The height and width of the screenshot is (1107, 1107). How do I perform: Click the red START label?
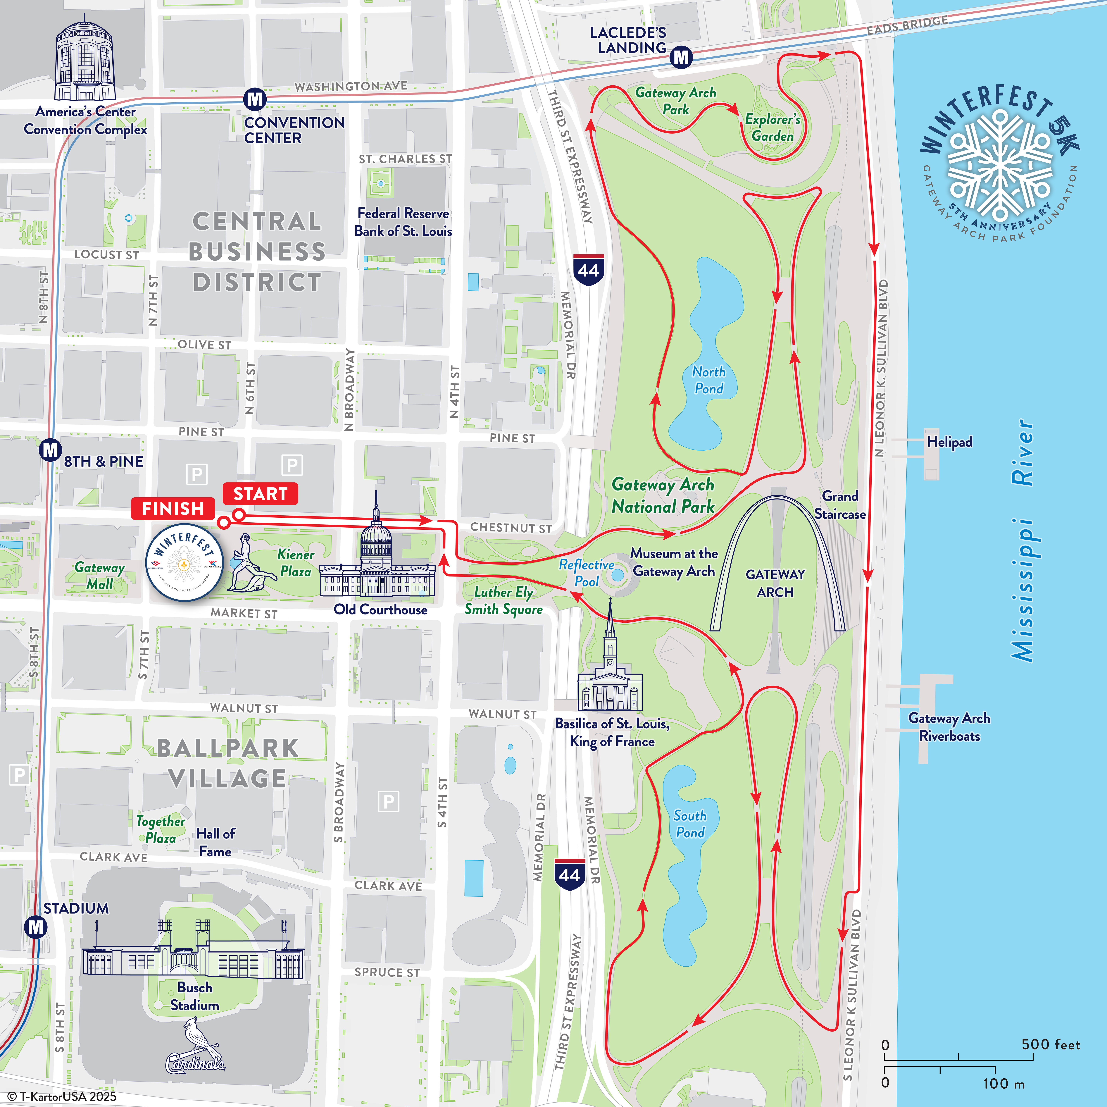tap(260, 493)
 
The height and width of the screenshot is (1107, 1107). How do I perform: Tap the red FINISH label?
tap(173, 508)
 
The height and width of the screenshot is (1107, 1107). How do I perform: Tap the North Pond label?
tap(709, 380)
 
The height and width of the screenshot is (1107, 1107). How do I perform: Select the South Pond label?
tap(690, 824)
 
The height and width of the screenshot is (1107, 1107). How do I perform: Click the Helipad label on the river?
tap(949, 442)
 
